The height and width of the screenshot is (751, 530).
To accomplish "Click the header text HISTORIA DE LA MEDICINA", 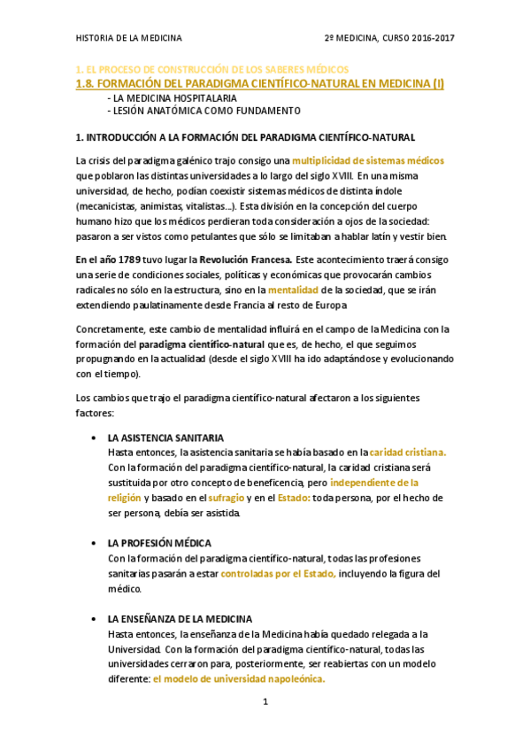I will [x=129, y=38].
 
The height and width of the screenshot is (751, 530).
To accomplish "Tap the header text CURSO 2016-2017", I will [x=418, y=38].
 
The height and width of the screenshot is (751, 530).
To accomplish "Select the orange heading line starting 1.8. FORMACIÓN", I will [x=261, y=84].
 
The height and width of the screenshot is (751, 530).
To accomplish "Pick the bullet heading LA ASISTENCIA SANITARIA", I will [x=165, y=438].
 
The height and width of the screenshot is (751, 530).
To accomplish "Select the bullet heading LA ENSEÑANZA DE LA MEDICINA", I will [x=180, y=618].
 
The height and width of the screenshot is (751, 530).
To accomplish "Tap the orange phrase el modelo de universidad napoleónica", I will [x=239, y=679].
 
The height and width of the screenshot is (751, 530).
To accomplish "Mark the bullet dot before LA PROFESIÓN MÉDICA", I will [x=94, y=543].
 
